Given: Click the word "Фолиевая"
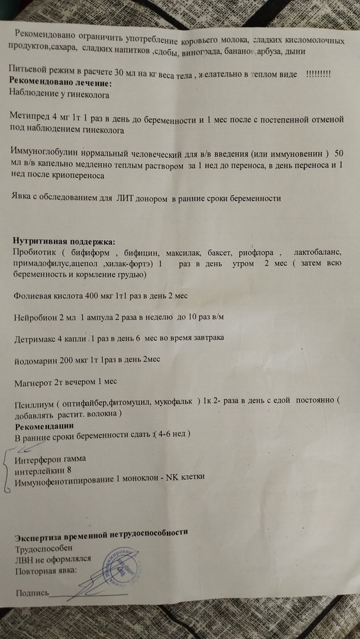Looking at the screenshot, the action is [x=33, y=296].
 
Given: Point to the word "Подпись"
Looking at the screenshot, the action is [x=31, y=594].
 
